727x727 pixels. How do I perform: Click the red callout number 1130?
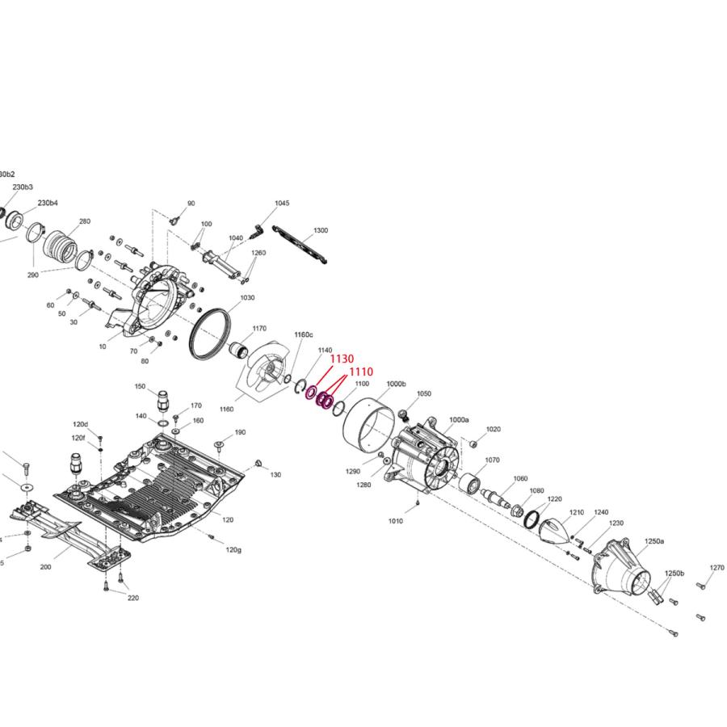point(342,358)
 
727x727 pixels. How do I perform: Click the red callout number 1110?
point(361,372)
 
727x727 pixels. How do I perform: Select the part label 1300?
point(321,230)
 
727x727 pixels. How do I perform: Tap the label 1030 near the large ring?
point(247,298)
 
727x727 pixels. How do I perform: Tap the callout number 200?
point(45,567)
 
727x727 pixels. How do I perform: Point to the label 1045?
point(282,204)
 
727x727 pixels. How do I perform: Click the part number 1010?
point(395,521)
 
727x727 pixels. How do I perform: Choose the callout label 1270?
point(716,568)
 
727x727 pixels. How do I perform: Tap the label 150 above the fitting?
point(140,387)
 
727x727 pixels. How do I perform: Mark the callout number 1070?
point(492,460)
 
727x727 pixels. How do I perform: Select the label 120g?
point(233,549)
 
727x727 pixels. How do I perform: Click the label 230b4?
point(48,202)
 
